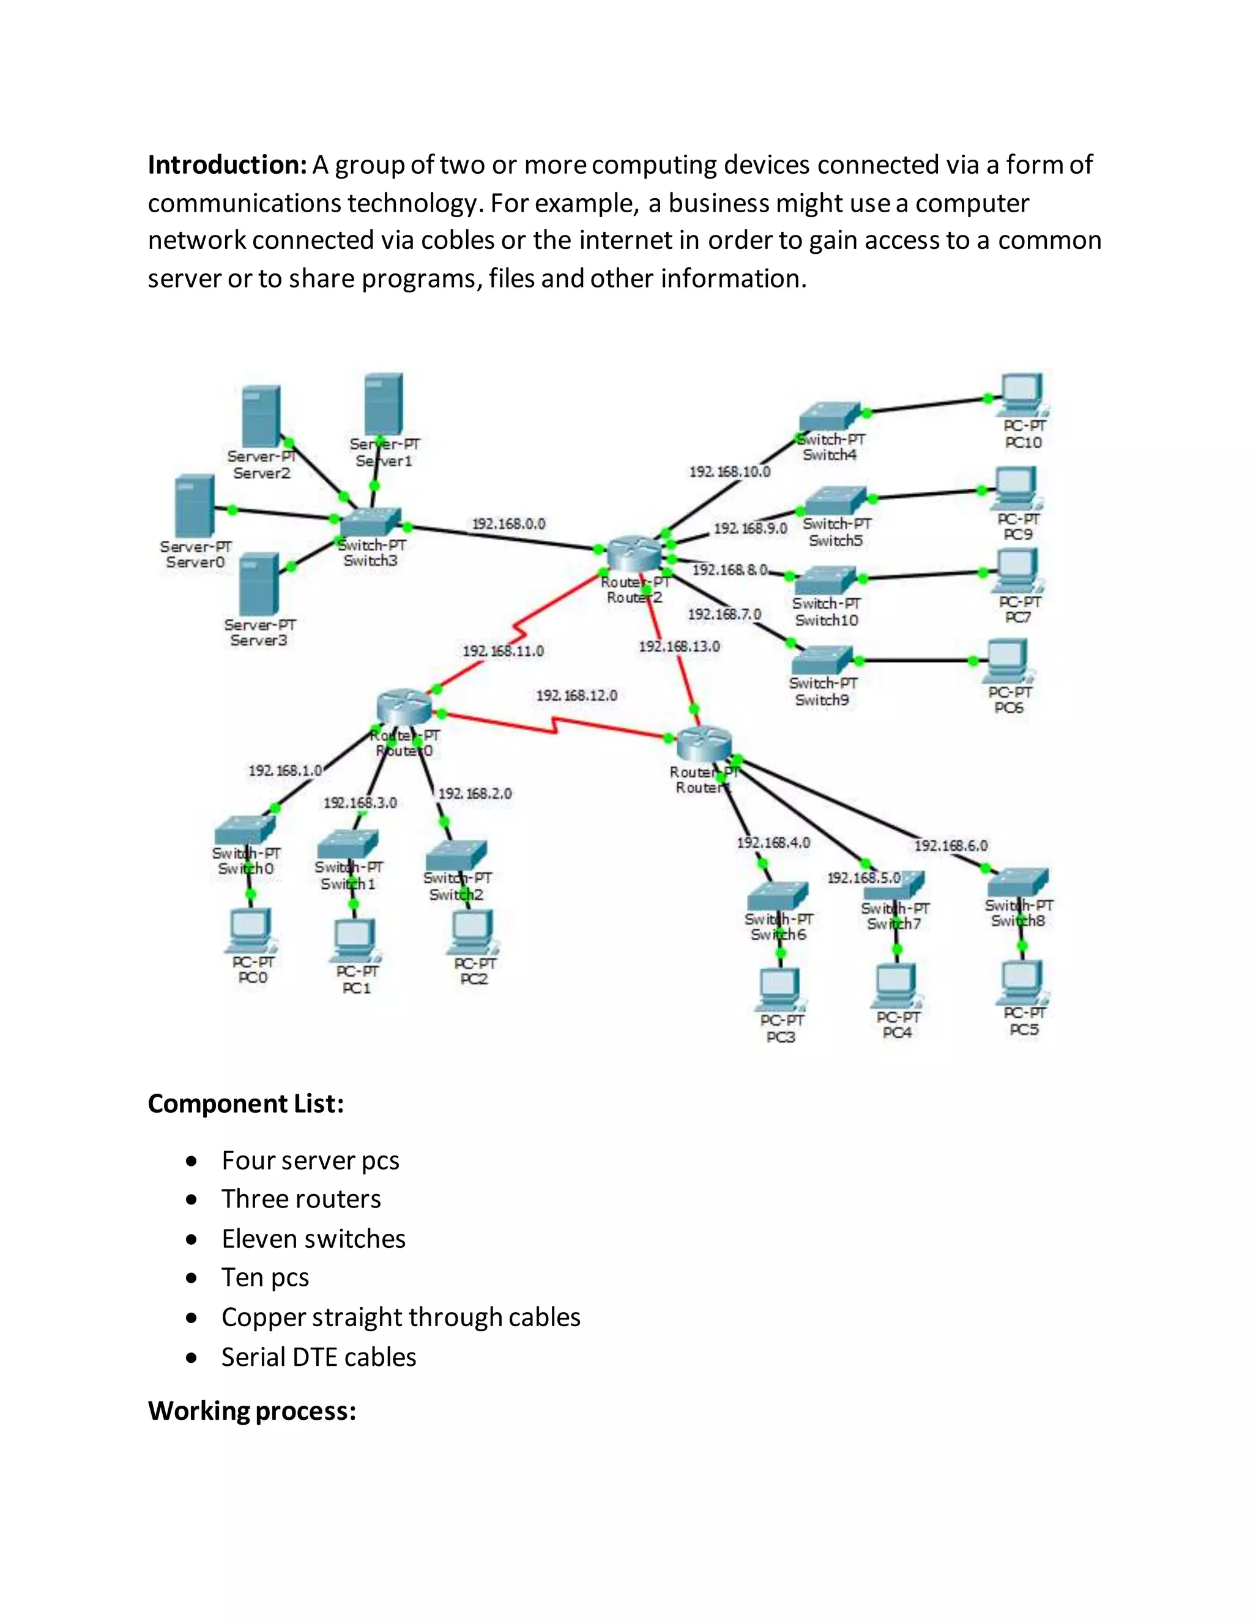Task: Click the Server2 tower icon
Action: click(261, 417)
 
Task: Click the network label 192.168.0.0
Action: click(508, 524)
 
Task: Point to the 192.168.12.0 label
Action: click(577, 696)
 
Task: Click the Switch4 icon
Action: click(830, 417)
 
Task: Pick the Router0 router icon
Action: click(404, 707)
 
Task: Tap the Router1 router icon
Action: click(704, 743)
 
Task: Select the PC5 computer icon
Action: click(1022, 982)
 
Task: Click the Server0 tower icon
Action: click(195, 505)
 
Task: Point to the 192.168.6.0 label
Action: click(951, 845)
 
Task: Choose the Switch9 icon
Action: click(822, 660)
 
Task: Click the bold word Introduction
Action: click(227, 165)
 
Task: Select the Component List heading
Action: click(246, 1104)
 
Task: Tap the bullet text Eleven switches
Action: click(313, 1239)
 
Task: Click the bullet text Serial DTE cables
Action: click(318, 1357)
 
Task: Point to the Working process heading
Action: click(251, 1411)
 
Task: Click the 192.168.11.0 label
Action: click(504, 651)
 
